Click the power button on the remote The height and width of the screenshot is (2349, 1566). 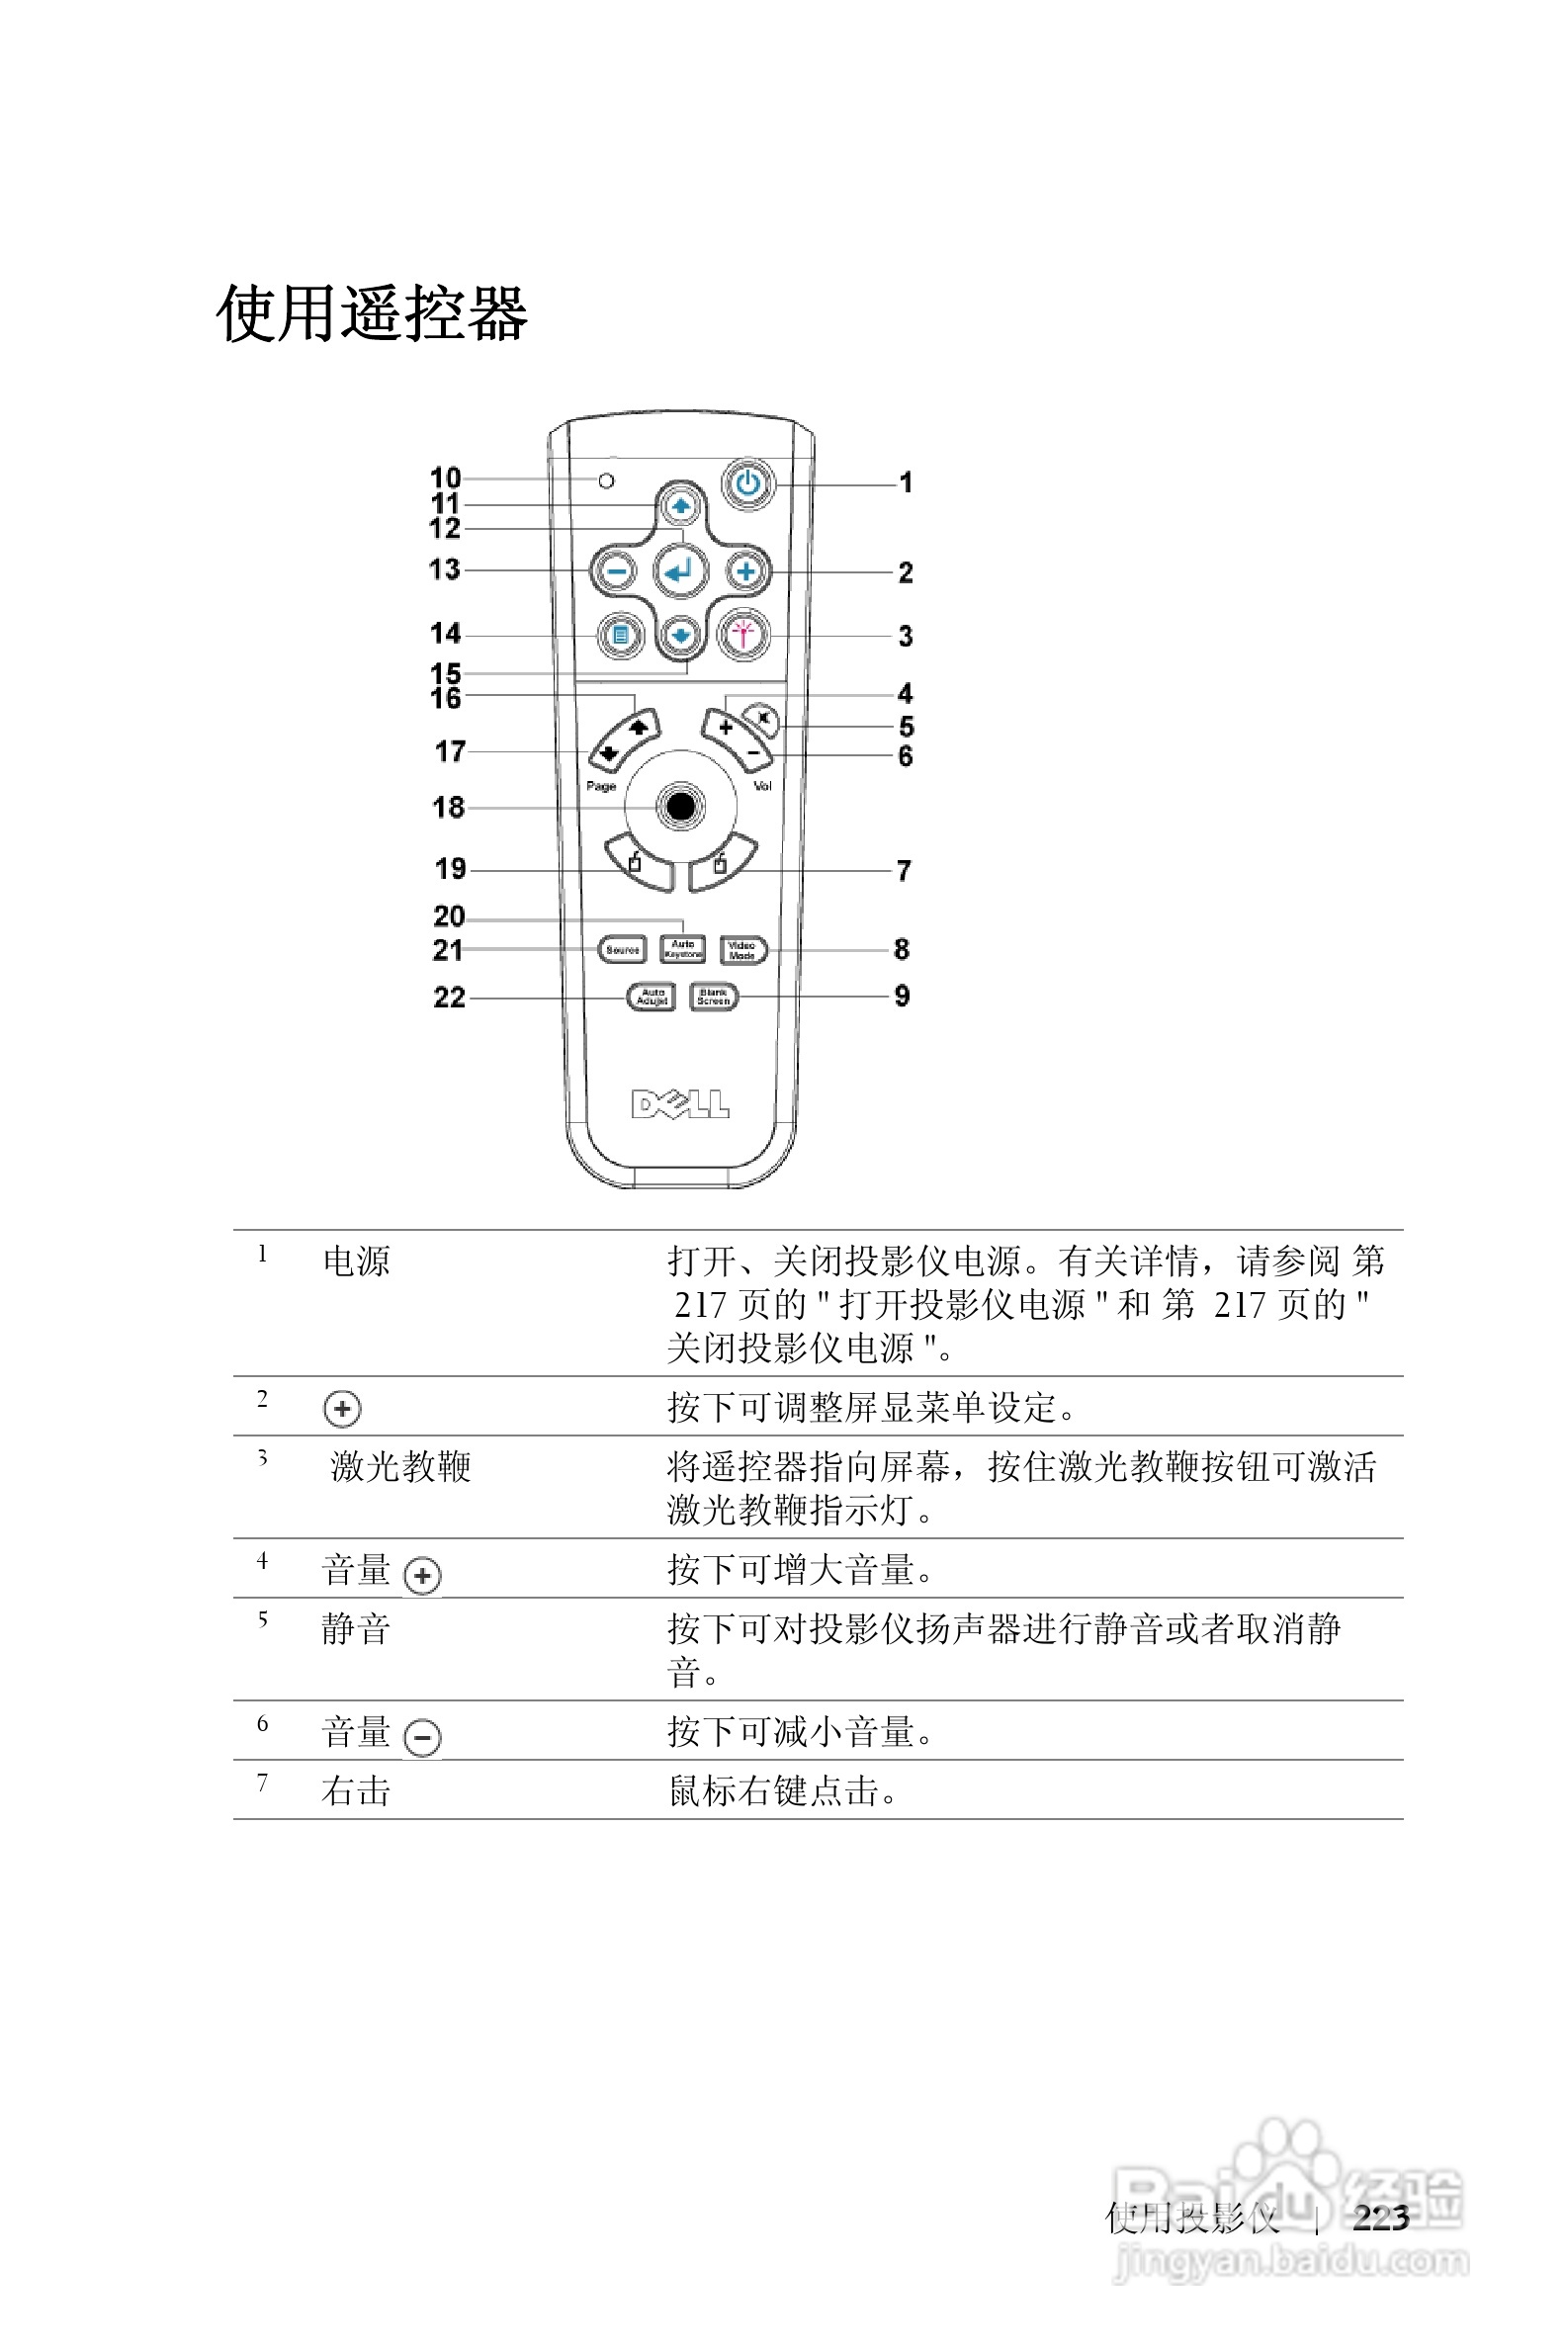pyautogui.click(x=748, y=484)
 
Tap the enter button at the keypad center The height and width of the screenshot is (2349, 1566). pyautogui.click(x=680, y=571)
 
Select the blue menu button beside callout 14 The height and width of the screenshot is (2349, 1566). pyautogui.click(x=620, y=634)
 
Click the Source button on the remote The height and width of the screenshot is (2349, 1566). pyautogui.click(x=622, y=950)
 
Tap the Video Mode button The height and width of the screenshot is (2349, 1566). pyautogui.click(x=742, y=950)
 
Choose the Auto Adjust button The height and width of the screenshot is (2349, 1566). pyautogui.click(x=652, y=997)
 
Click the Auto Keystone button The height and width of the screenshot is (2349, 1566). pyautogui.click(x=683, y=949)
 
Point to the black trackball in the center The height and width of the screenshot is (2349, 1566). pyautogui.click(x=680, y=805)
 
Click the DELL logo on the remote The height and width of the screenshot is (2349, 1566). pyautogui.click(x=680, y=1103)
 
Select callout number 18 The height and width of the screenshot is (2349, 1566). pyautogui.click(x=449, y=807)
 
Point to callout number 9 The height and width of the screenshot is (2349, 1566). pyautogui.click(x=902, y=996)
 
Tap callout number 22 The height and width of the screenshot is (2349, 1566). pyautogui.click(x=450, y=998)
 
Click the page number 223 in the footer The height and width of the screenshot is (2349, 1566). pyautogui.click(x=1380, y=2218)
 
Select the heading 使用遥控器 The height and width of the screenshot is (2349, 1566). pyautogui.click(x=372, y=313)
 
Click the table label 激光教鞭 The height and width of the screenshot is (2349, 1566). pyautogui.click(x=400, y=1466)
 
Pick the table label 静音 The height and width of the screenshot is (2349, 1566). pyautogui.click(x=356, y=1629)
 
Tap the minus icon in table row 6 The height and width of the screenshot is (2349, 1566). pyautogui.click(x=422, y=1738)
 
